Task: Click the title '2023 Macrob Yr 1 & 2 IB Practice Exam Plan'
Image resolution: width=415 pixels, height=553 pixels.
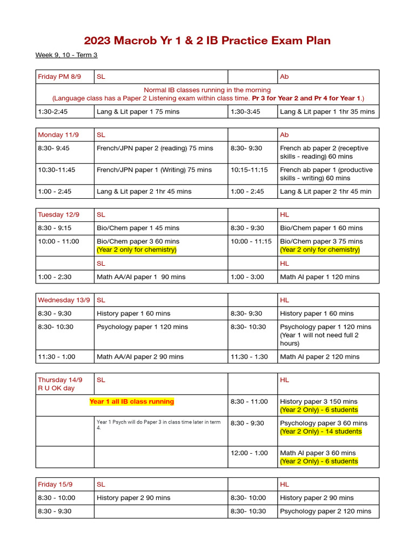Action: pos(207,41)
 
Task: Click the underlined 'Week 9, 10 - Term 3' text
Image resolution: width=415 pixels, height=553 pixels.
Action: pos(66,55)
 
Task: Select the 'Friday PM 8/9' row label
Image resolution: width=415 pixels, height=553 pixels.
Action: pos(59,77)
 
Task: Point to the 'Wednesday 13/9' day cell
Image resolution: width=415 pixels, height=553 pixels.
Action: pos(63,300)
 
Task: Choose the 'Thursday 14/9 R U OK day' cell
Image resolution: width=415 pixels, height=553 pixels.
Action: pos(61,384)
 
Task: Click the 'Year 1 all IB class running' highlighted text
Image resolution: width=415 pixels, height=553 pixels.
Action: pos(132,401)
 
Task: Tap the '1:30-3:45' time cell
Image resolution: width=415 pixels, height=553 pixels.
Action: pos(245,112)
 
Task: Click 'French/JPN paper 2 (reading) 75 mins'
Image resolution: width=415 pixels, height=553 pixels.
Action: pos(155,148)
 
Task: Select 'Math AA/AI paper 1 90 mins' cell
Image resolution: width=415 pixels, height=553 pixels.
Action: pos(141,276)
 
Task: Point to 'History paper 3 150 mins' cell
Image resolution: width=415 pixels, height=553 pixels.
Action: pos(318,401)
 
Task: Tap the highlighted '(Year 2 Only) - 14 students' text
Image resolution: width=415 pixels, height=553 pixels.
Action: pos(320,431)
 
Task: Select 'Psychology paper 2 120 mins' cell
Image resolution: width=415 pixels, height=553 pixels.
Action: pos(325,511)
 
